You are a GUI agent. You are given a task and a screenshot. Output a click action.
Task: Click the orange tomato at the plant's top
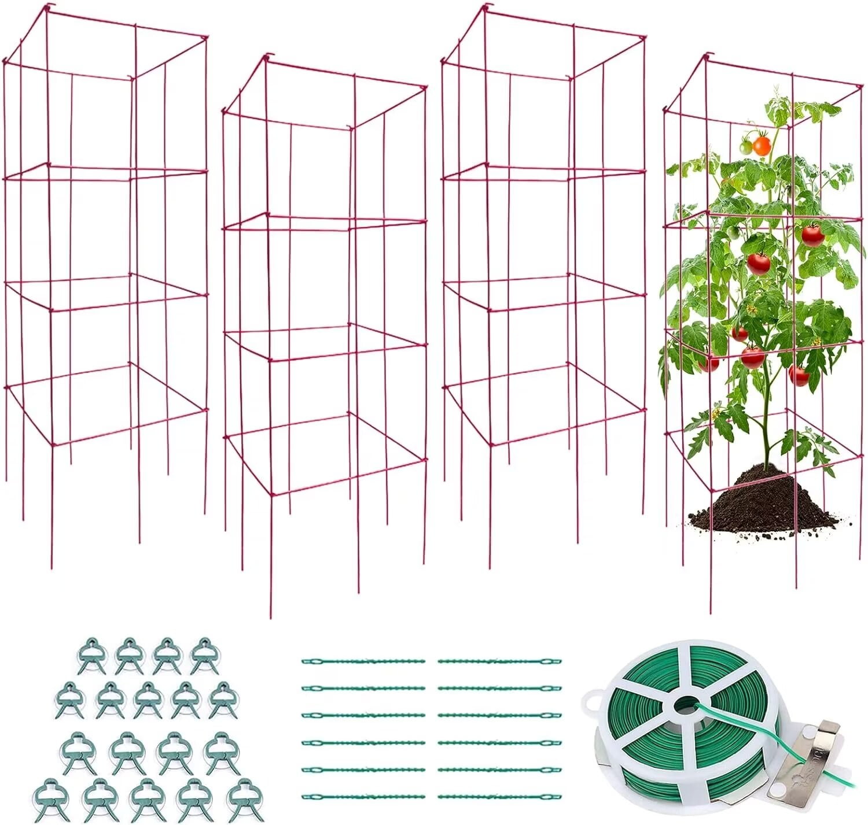click(x=762, y=145)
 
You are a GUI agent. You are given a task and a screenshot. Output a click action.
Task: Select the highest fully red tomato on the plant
click(x=812, y=235)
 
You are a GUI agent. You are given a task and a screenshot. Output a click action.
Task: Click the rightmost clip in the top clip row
click(x=203, y=655)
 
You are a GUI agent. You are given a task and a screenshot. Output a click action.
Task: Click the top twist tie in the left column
click(x=363, y=661)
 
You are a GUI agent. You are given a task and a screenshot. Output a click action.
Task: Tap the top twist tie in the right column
click(x=499, y=661)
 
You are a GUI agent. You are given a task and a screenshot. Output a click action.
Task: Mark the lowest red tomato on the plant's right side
click(x=799, y=376)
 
